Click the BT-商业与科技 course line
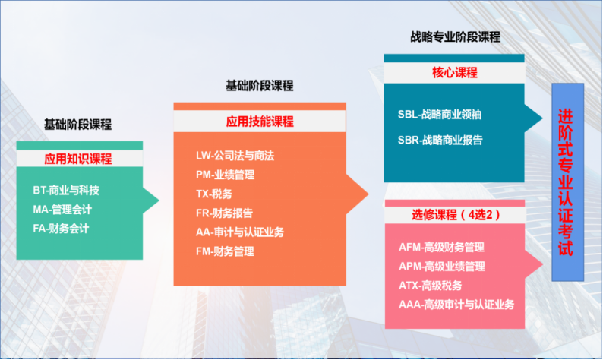pos(66,190)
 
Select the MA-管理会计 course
pos(62,209)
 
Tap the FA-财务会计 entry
pos(62,229)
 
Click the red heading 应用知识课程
pos(78,159)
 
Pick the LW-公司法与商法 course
pos(235,156)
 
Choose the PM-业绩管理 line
pos(225,175)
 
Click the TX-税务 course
pos(214,194)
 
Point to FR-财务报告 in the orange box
pos(224,213)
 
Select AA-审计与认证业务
pos(240,232)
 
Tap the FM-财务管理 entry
pos(225,251)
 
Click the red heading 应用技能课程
pos(260,122)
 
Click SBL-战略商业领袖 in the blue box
pos(440,114)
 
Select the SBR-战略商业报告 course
pos(440,140)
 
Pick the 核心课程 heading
pos(455,73)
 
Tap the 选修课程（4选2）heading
pos(456,215)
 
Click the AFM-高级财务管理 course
pos(441,247)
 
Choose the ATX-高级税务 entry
pos(431,286)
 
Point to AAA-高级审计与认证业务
pos(456,305)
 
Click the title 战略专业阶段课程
pos(456,37)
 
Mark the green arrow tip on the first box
pos(159,200)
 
